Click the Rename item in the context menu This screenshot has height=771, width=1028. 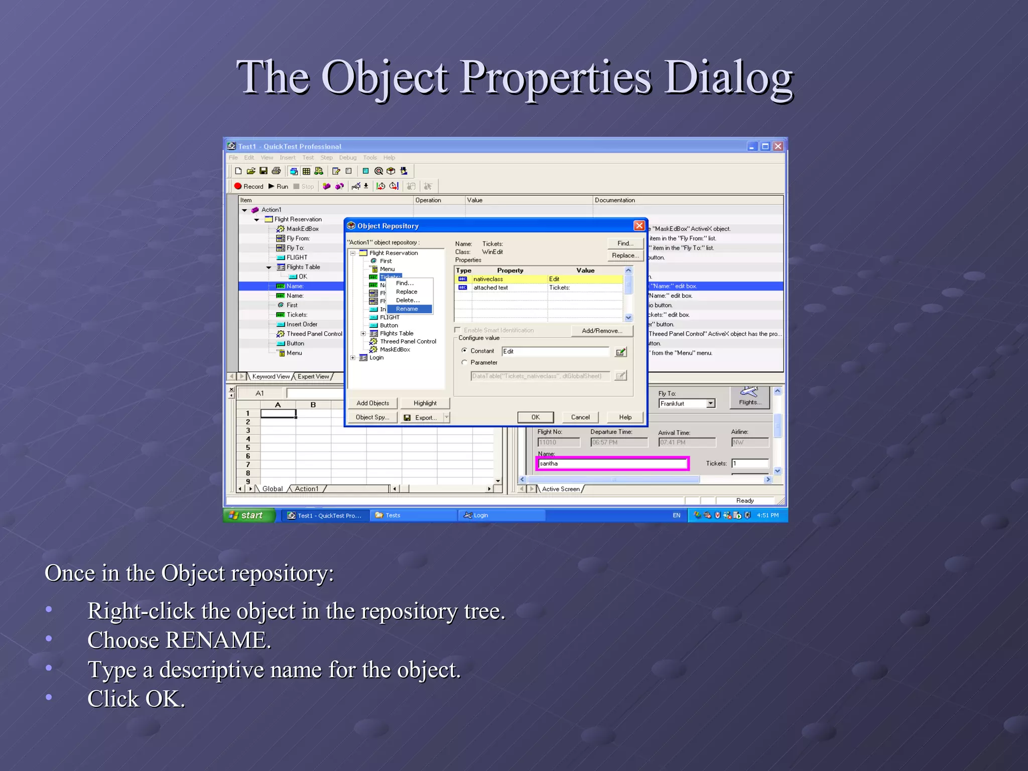coord(407,309)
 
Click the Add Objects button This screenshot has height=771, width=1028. coord(372,403)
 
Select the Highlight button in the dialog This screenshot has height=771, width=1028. coord(425,403)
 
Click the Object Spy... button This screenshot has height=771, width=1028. coord(372,417)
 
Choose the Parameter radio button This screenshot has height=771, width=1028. coord(465,362)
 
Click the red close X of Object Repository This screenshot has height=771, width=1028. coord(639,226)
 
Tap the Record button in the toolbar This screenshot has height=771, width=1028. coord(248,186)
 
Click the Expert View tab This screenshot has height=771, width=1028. coord(313,376)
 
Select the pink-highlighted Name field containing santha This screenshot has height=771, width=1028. coord(612,463)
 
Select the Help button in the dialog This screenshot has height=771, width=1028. coord(625,417)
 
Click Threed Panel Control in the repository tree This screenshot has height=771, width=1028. coord(408,341)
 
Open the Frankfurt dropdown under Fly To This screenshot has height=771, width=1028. coord(711,404)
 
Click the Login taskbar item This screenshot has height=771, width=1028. coord(480,515)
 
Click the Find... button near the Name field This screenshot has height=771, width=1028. coord(625,243)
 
